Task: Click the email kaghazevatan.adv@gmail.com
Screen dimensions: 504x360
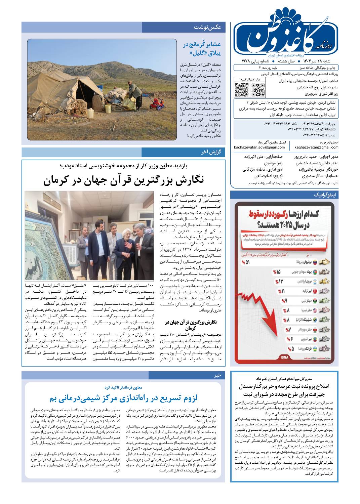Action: pyautogui.click(x=259, y=147)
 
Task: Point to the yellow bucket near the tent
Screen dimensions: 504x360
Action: pyautogui.click(x=108, y=109)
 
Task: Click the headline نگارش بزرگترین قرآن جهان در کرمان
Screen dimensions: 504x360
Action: pyautogui.click(x=123, y=180)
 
